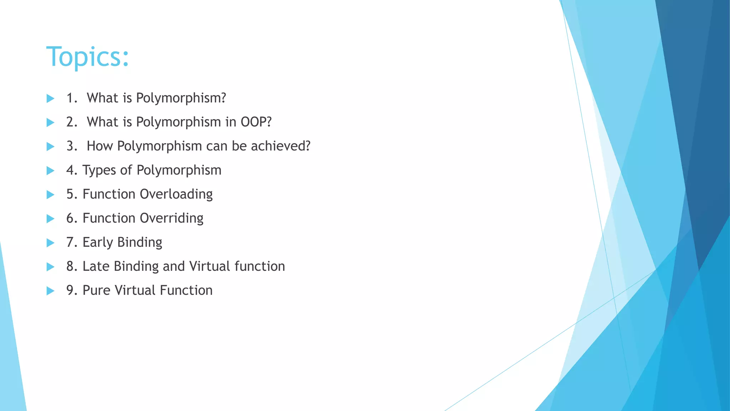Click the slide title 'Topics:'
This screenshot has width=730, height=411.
[x=87, y=57]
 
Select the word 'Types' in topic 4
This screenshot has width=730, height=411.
[x=99, y=170]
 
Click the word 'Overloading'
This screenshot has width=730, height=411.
[x=176, y=194]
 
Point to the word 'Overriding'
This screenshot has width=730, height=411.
[x=171, y=218]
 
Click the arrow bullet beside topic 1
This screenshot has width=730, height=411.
[x=50, y=98]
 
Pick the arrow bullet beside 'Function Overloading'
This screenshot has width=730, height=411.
[x=50, y=194]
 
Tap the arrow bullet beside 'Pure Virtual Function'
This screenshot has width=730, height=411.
[x=50, y=290]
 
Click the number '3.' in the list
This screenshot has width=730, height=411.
[x=72, y=146]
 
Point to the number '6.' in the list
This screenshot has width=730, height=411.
[x=72, y=218]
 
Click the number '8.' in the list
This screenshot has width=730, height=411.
[x=72, y=266]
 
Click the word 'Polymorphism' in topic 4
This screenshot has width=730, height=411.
[x=179, y=170]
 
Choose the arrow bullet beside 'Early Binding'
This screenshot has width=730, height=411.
[x=50, y=243]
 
